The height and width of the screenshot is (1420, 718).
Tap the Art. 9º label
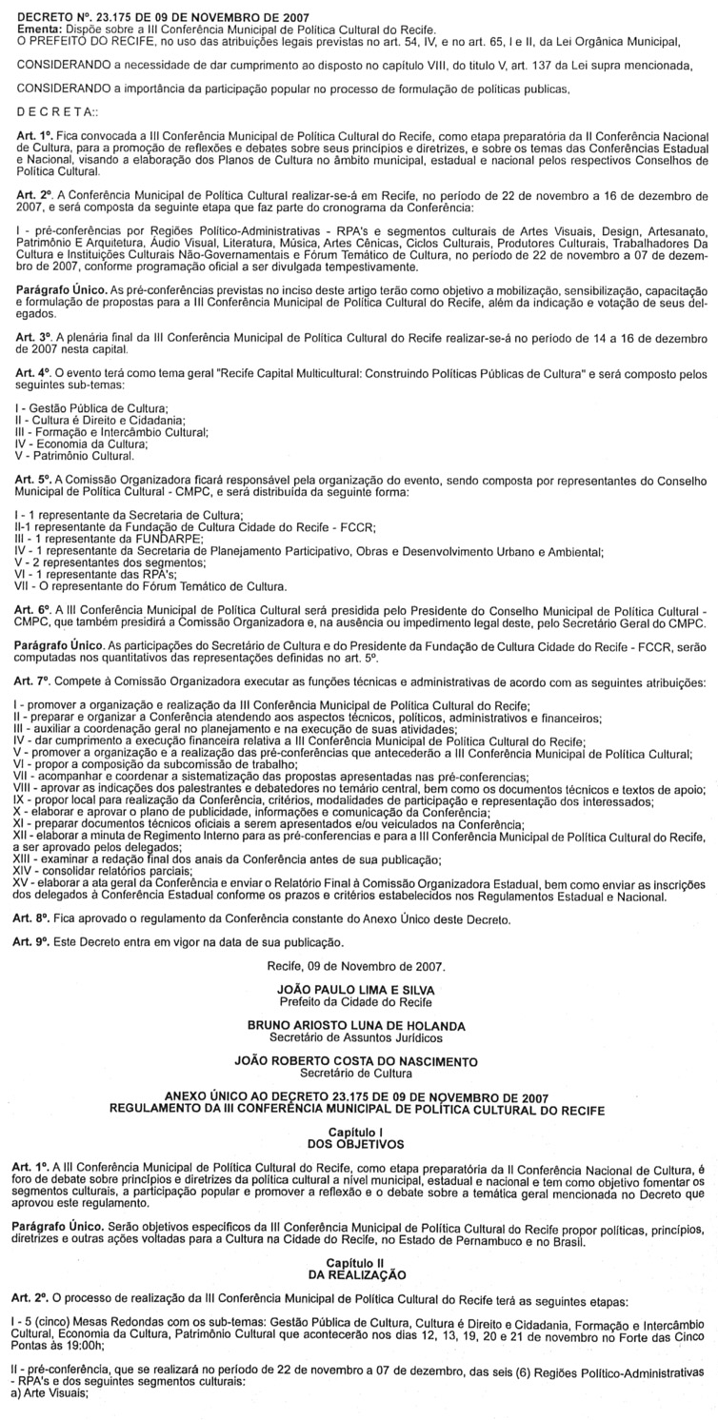[x=33, y=942]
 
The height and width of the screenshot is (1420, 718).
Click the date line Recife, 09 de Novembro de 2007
[x=359, y=968]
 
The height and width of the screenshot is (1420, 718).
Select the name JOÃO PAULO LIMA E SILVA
[x=359, y=991]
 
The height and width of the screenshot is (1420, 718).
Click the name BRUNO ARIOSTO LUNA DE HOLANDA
[x=359, y=1024]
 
